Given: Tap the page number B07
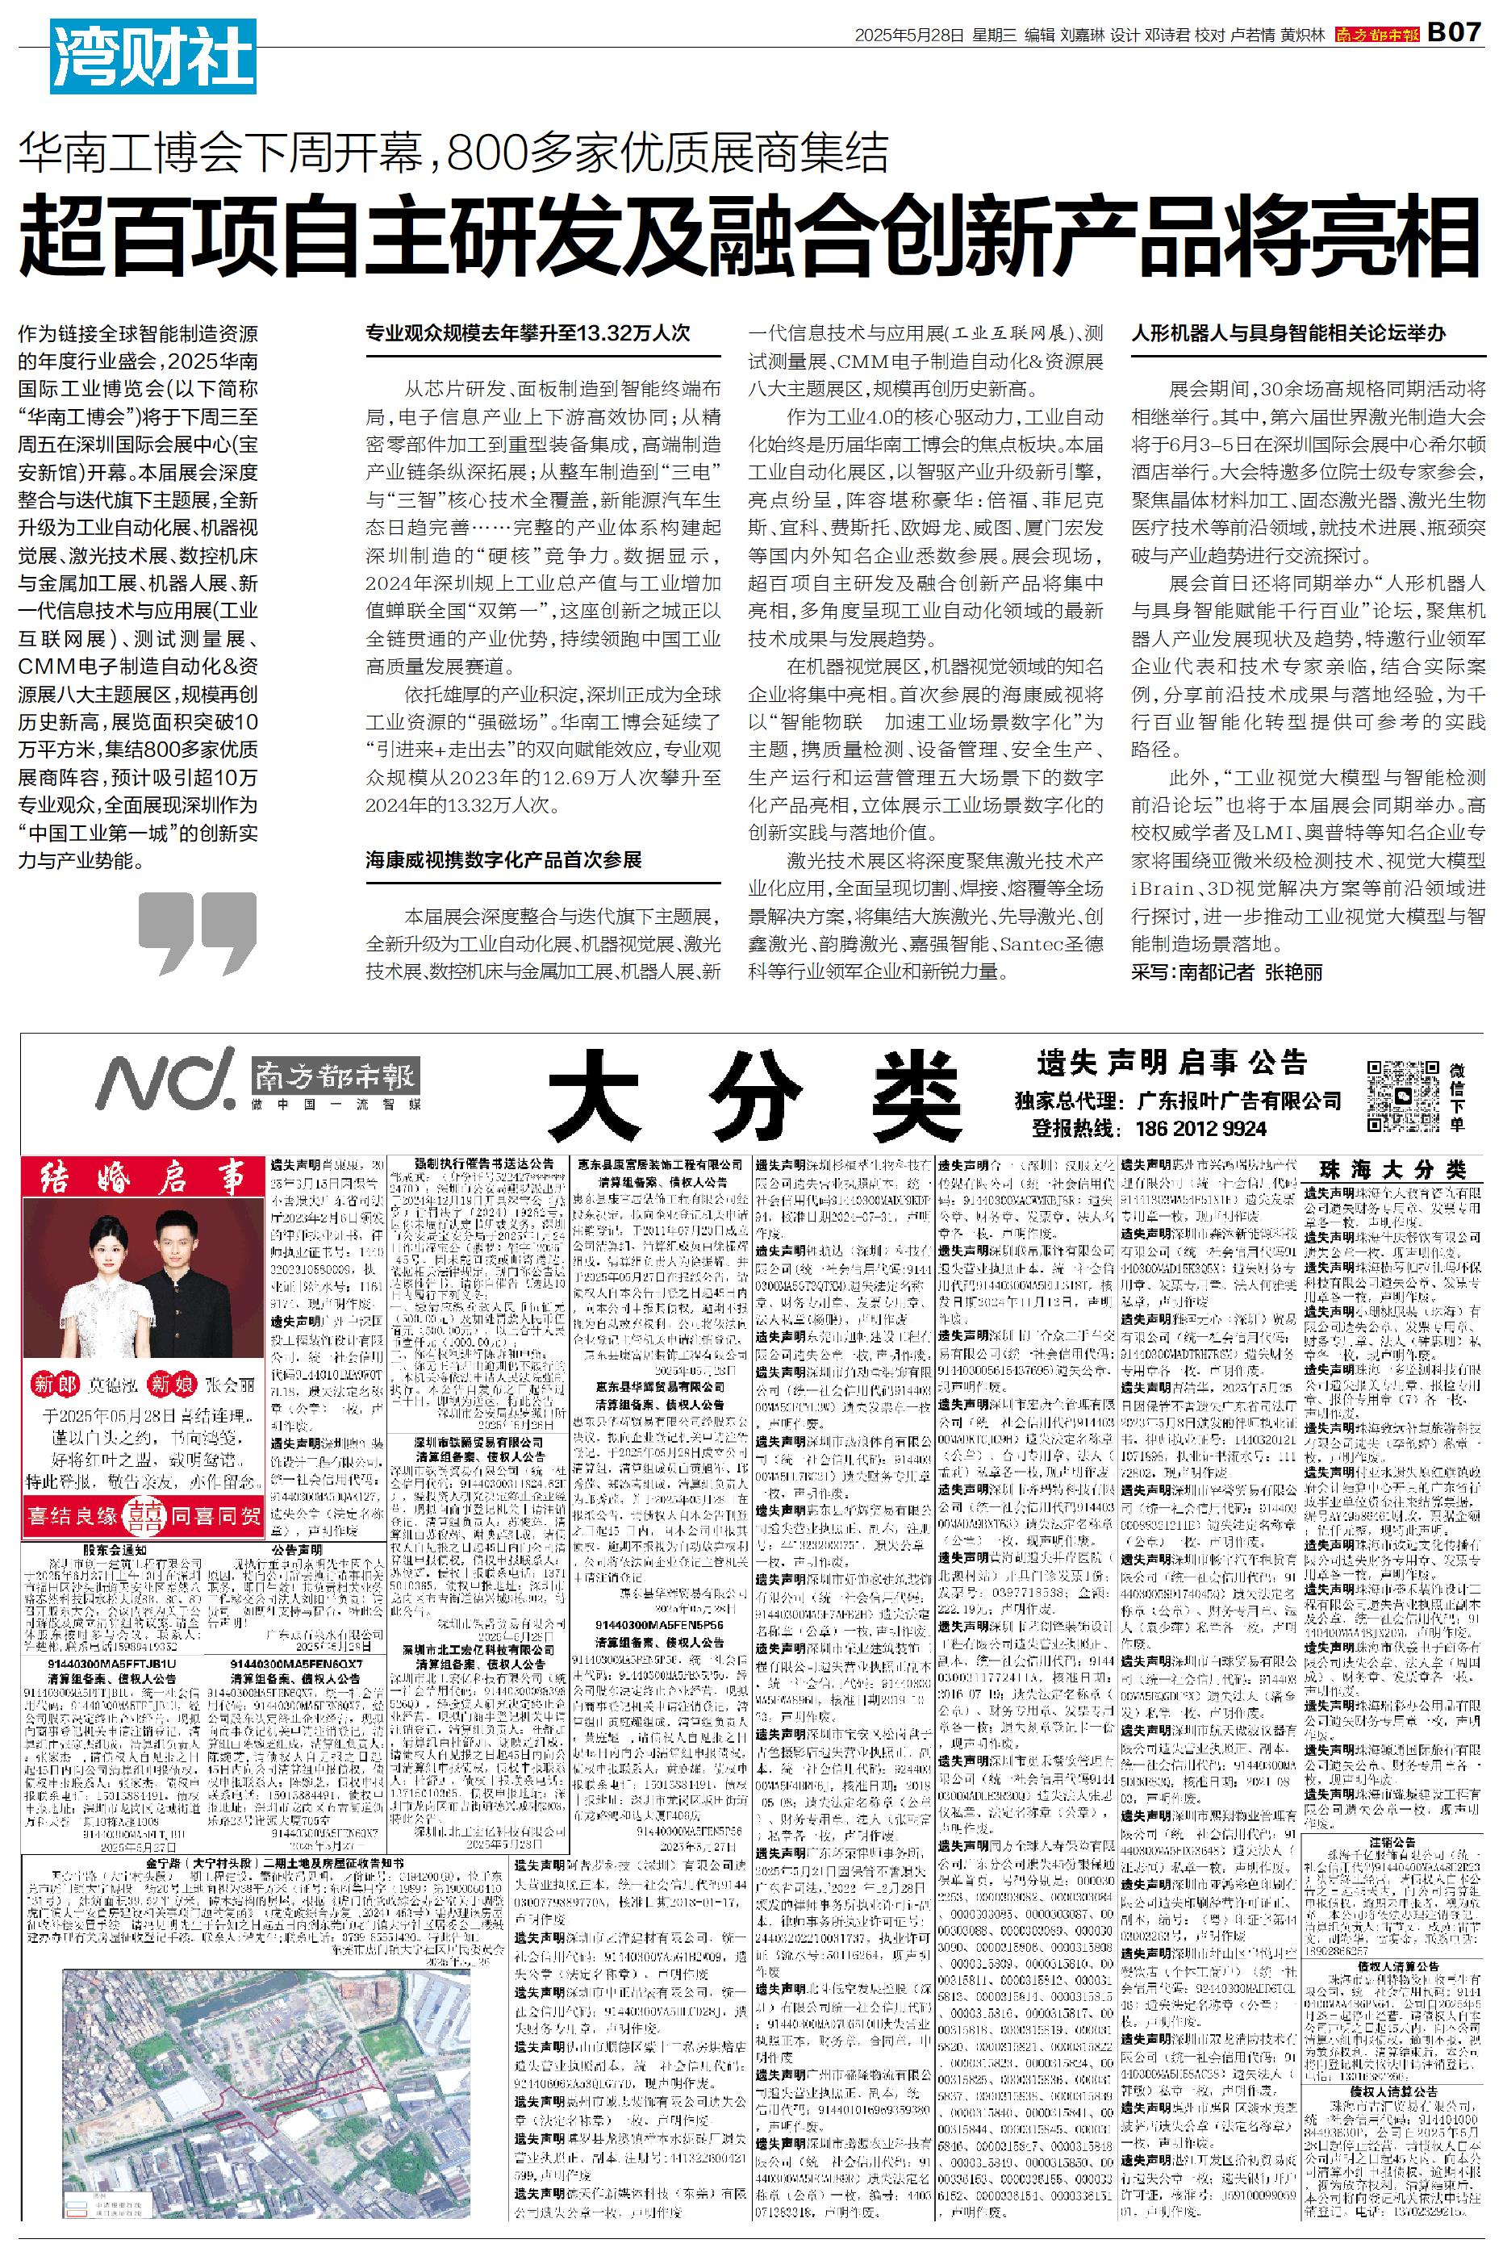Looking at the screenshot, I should tap(1455, 32).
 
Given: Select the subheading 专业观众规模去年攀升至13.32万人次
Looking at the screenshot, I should tap(528, 333).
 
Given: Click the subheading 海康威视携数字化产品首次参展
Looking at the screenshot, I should tap(503, 859).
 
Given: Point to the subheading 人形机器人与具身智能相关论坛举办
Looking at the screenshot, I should tap(1288, 333).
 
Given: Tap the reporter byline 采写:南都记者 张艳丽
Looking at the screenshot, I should tap(1227, 971).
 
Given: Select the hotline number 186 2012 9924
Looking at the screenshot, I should tap(1201, 1128).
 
